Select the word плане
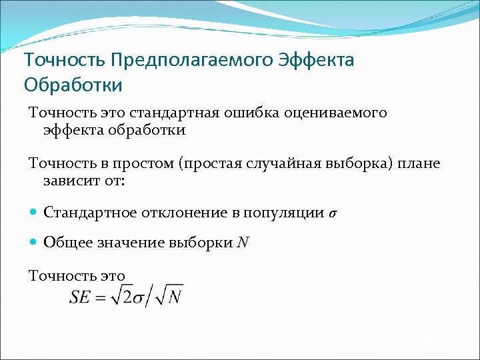point(419,163)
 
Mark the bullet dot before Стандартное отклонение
point(34,213)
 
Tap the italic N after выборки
point(243,243)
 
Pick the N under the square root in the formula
point(175,298)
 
